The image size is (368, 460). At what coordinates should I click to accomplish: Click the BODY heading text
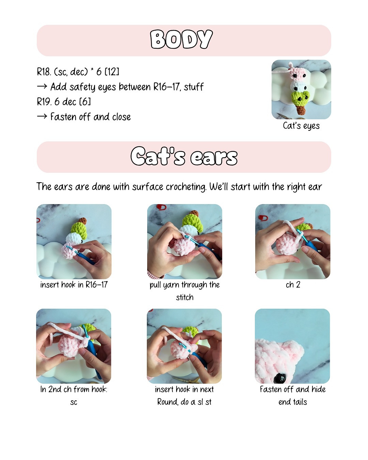[x=181, y=40]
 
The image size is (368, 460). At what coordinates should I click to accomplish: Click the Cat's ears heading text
[x=184, y=157]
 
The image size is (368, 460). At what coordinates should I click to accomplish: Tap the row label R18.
[x=43, y=72]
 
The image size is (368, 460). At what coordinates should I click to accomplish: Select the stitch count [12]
[x=112, y=72]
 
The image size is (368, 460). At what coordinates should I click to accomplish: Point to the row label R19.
[x=43, y=102]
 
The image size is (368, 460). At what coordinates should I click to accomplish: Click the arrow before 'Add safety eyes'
[x=42, y=87]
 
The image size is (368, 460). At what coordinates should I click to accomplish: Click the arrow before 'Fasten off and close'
[x=42, y=117]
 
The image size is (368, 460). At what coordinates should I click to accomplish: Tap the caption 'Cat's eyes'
[x=301, y=126]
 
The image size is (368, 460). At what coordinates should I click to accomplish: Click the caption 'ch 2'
[x=293, y=285]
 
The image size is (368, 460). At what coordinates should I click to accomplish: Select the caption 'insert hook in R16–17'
[x=74, y=285]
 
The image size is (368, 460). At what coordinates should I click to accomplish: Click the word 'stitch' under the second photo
[x=185, y=297]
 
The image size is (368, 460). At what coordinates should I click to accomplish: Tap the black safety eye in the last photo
[x=282, y=377]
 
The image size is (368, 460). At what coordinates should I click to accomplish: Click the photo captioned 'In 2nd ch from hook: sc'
[x=74, y=346]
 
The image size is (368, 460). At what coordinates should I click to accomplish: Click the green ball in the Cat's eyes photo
[x=300, y=97]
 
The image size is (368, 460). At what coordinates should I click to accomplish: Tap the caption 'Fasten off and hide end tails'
[x=293, y=396]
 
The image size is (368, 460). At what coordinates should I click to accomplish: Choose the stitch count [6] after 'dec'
[x=85, y=102]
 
